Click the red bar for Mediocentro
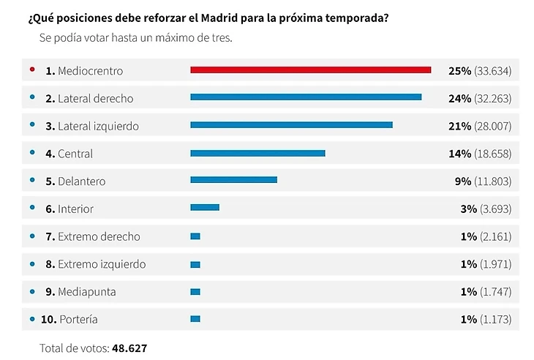pos(310,70)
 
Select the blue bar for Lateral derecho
pos(306,97)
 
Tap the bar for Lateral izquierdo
pos(291,125)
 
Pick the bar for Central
pos(257,153)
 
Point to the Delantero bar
pos(233,180)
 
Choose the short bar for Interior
pos(205,208)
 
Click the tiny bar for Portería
pos(195,319)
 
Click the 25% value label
pos(459,71)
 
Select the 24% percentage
pos(459,98)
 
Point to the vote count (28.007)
pos(492,126)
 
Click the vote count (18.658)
pos(492,154)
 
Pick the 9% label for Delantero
pos(463,181)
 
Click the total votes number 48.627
pos(129,348)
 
